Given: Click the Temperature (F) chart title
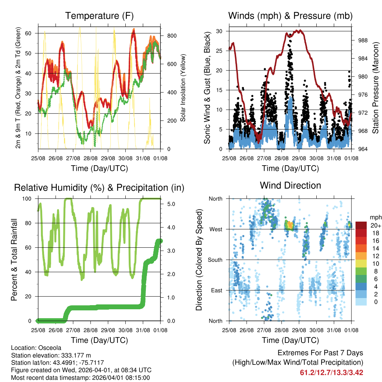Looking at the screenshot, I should coord(99,16).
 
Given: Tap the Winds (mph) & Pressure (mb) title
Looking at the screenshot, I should coord(290,16).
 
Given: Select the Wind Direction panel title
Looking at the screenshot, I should coord(290,185).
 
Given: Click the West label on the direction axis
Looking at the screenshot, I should coord(216,229).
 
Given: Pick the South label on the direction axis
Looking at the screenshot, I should coord(215,260).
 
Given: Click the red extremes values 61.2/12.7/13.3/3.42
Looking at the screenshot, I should coord(331,372).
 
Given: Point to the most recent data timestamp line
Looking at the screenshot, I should coord(80,378).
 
